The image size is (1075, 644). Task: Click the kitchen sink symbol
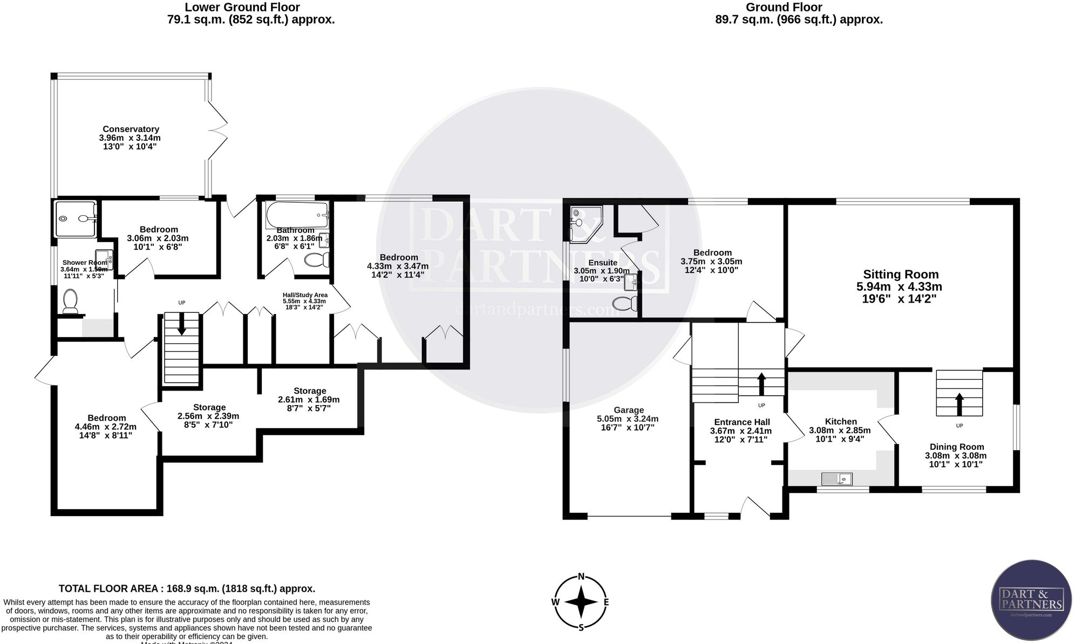click(x=836, y=478)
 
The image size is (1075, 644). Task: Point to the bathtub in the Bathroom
click(x=296, y=215)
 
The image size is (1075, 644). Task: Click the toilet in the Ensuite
click(x=626, y=304)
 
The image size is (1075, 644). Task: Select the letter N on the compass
click(x=581, y=576)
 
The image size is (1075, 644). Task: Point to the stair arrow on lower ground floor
click(x=181, y=326)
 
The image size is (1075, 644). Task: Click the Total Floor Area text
click(x=187, y=588)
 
